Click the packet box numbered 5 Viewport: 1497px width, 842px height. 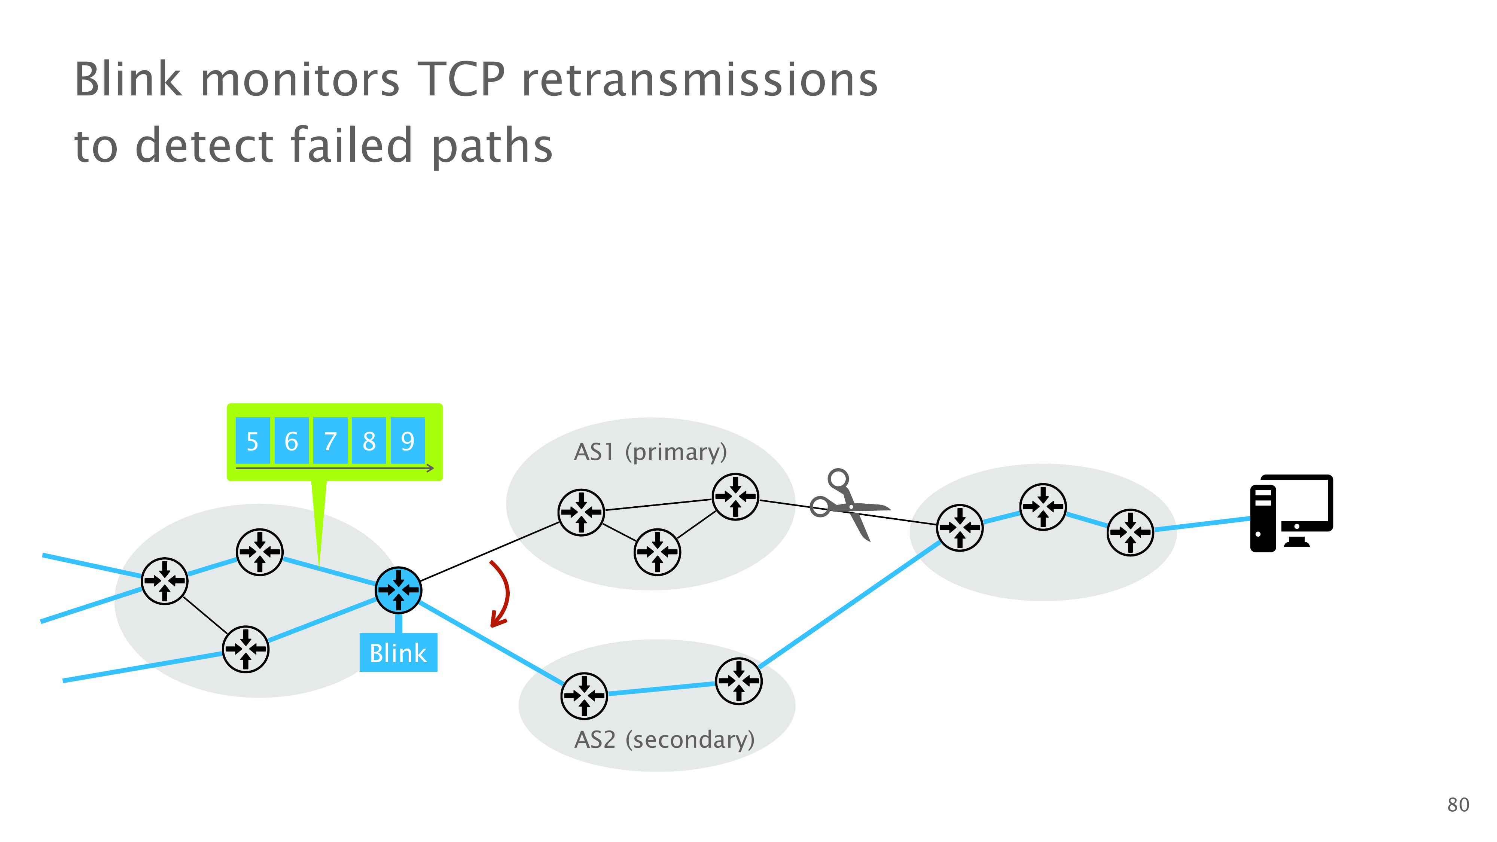[x=252, y=440]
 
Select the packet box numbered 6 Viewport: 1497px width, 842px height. [x=291, y=440]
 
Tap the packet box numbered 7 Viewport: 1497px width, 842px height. [x=330, y=440]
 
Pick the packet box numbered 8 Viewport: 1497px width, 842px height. [x=369, y=440]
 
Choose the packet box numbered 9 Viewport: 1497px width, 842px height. [x=408, y=440]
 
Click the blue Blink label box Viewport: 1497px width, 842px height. [x=398, y=653]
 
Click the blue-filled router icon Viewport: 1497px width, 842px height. [x=398, y=590]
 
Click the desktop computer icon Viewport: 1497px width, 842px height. [x=1291, y=513]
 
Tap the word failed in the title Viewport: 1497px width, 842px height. [x=351, y=145]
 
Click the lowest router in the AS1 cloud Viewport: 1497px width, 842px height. [x=657, y=552]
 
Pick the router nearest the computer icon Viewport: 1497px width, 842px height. [x=1130, y=532]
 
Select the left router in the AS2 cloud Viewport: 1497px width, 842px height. [x=584, y=696]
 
